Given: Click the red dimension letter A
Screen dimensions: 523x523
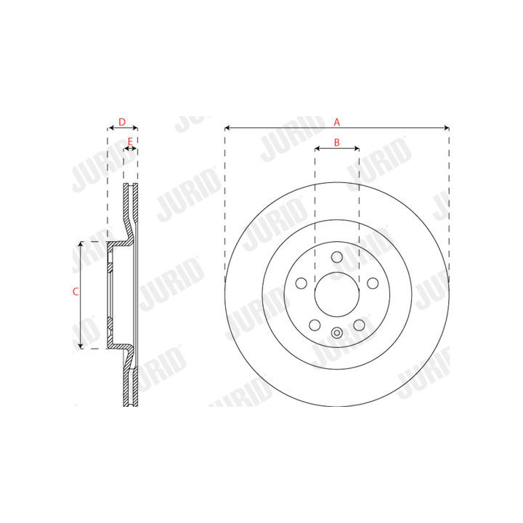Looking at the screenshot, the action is pyautogui.click(x=337, y=122).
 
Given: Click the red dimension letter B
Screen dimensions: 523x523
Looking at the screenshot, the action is pyautogui.click(x=337, y=142).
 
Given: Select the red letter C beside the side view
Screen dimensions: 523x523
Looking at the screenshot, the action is pyautogui.click(x=76, y=291).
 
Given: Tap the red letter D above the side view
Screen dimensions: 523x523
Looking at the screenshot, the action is pyautogui.click(x=122, y=122).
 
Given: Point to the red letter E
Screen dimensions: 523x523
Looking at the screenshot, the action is pyautogui.click(x=131, y=142).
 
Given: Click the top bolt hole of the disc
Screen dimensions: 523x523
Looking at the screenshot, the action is pyautogui.click(x=337, y=257).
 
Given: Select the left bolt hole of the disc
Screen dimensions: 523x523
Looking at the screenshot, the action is pyautogui.click(x=301, y=283).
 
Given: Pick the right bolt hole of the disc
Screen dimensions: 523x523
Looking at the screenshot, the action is pyautogui.click(x=373, y=283).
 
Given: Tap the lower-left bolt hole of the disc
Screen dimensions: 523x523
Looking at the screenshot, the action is pyautogui.click(x=315, y=325).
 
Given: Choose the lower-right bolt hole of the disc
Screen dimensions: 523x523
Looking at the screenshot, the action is pyautogui.click(x=360, y=325).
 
